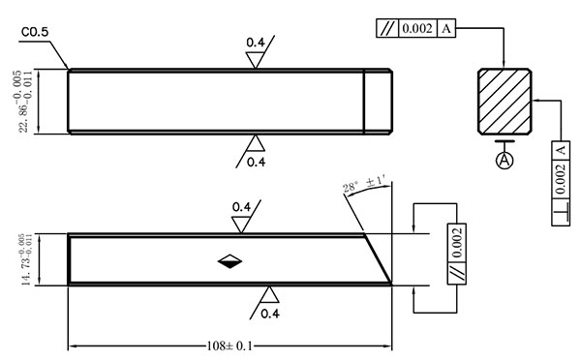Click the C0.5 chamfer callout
coord(35,32)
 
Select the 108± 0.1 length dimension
coord(229,346)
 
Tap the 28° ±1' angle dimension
coord(365,185)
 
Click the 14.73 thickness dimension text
coord(27,259)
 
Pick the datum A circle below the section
coord(505,160)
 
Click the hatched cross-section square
coord(505,101)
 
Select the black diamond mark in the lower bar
coord(229,261)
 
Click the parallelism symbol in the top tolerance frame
coord(386,28)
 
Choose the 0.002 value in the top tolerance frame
coord(417,28)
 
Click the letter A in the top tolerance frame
coord(446,28)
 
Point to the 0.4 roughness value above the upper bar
coord(256,43)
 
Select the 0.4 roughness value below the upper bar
coord(256,163)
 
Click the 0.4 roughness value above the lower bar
coord(241,207)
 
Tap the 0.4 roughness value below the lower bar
coord(270,314)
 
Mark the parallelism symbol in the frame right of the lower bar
coord(457,274)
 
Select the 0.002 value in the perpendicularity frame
coord(561,179)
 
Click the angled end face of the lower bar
coord(378,258)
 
